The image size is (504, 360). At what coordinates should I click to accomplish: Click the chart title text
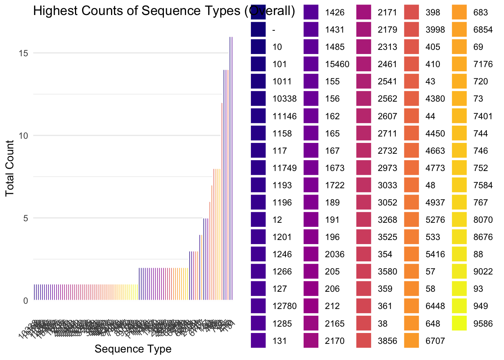tap(164, 11)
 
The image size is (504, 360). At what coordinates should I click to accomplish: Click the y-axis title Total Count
tap(10, 168)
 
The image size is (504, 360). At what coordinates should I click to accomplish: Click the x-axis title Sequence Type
tap(133, 349)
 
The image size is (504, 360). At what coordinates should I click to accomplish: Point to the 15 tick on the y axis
tap(23, 53)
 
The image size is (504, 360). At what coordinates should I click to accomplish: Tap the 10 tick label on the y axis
tap(23, 136)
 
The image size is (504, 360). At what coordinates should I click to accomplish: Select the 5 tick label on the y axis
tap(25, 218)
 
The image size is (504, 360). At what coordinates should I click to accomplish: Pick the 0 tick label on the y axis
tap(25, 301)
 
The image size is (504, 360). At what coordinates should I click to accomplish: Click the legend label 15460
tap(337, 64)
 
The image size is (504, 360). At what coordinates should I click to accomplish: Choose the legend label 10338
tap(285, 99)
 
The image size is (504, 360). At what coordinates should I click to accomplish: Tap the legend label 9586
tap(483, 324)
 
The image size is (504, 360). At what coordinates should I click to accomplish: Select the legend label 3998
tap(435, 30)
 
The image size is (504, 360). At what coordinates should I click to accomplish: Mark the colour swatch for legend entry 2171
tap(363, 12)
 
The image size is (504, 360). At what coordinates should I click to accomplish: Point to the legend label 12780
tap(285, 306)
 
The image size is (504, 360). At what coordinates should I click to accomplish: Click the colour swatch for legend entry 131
tap(258, 341)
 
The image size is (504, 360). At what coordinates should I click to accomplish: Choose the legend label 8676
tap(483, 237)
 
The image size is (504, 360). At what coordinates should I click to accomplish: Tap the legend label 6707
tap(435, 341)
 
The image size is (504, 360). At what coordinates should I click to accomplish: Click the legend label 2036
tap(334, 255)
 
